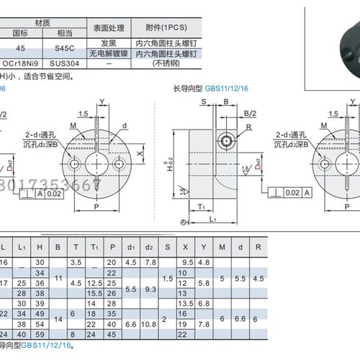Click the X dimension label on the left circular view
[138, 153]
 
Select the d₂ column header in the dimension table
[150, 247]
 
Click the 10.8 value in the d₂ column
[150, 325]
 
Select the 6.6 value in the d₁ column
[131, 325]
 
